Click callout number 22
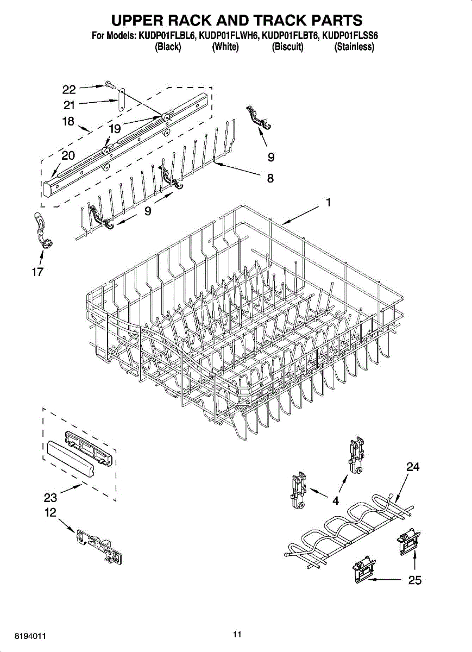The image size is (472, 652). [69, 90]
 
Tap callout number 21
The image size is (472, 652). [69, 105]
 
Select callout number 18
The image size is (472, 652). [68, 122]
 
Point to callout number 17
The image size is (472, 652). [37, 272]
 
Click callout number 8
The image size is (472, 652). [270, 178]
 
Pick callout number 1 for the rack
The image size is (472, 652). [328, 202]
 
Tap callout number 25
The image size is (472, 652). [414, 580]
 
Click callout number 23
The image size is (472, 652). [51, 497]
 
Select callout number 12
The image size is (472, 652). [51, 512]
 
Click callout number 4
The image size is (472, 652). [336, 500]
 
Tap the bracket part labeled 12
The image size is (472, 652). [99, 548]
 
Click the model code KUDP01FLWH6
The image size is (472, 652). [230, 36]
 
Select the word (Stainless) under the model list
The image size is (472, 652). [354, 47]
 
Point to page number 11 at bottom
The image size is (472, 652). [236, 634]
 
